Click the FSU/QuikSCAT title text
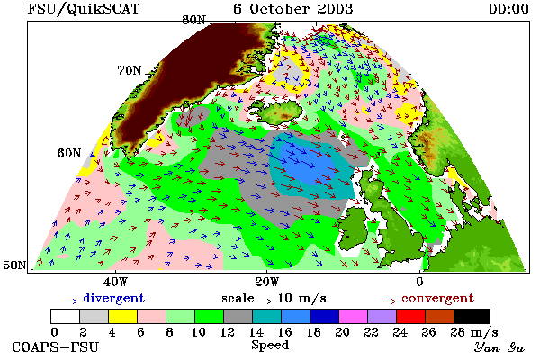84,9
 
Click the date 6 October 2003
293,9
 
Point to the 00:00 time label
508,9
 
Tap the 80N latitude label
193,21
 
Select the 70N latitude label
130,70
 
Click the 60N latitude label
69,153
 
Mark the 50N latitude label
14,265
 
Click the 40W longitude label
115,282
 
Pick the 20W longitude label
267,282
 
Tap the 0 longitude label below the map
419,282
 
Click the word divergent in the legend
113,298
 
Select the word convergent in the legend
437,298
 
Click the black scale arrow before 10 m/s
265,301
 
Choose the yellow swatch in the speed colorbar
122,316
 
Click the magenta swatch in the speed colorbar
353,316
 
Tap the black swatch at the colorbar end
472,316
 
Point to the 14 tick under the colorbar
256,332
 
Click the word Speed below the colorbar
270,345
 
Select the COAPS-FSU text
55,346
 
